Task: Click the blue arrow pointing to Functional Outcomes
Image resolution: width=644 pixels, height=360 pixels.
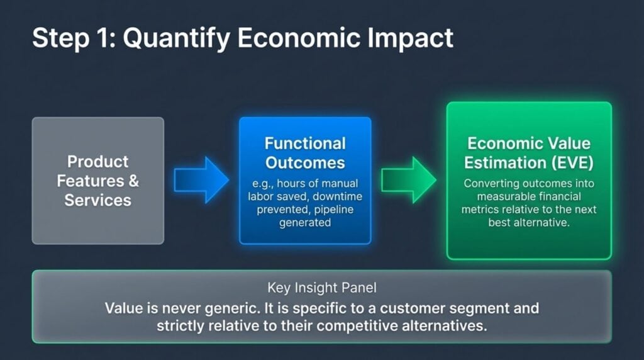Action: [201, 180]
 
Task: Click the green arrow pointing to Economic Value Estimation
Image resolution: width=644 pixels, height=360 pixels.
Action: [408, 180]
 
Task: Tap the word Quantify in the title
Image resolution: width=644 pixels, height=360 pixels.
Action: [164, 38]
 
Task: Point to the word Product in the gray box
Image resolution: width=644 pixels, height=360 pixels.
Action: [97, 162]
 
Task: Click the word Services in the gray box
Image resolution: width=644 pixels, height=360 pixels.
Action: [97, 201]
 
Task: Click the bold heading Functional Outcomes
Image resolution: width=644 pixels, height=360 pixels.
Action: [305, 153]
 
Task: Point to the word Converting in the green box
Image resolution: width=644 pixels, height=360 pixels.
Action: [491, 184]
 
